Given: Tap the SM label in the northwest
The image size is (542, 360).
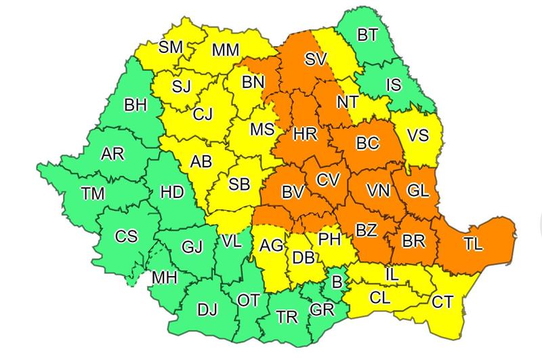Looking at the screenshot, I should coord(171,47).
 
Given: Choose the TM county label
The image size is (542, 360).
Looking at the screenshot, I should coord(93,194).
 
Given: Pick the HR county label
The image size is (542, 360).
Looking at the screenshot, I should coord(306,134).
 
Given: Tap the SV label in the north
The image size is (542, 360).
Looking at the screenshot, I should coord(316,60).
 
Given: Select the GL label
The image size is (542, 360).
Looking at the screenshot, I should coord(417,191).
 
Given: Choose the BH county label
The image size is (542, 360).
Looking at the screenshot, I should coord(135,105).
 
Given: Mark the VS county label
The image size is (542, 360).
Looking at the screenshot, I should coord(418,136).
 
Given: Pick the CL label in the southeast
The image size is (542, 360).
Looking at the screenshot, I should coord(380,296).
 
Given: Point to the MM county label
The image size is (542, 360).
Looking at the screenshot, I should coord(224,50).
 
